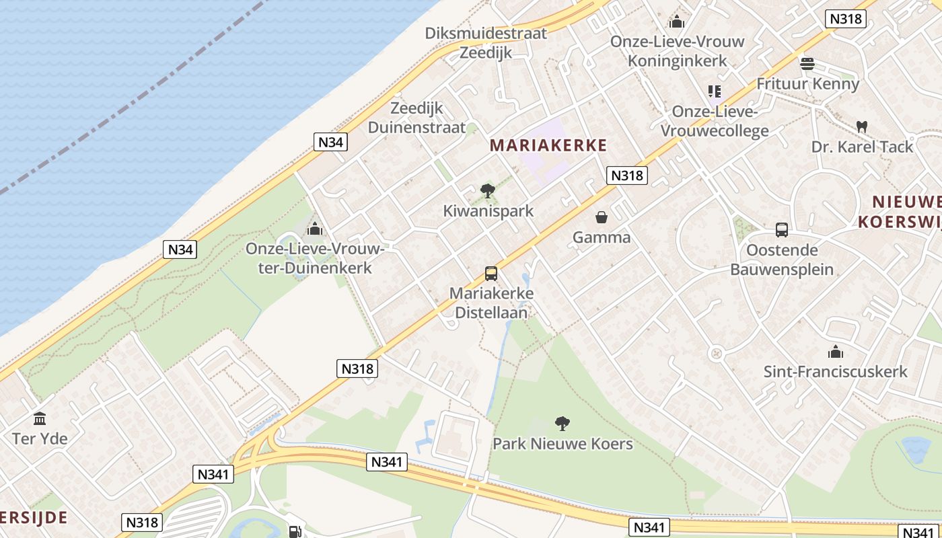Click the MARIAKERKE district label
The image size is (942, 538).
click(x=548, y=145)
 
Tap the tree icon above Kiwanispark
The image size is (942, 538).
click(x=488, y=191)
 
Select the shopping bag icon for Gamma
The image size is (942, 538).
click(x=602, y=217)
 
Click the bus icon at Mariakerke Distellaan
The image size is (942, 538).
click(x=491, y=274)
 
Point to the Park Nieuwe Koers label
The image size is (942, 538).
click(x=563, y=444)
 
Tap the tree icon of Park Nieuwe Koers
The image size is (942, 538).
click(x=562, y=424)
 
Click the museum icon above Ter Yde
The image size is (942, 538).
click(x=40, y=419)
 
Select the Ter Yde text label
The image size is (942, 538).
click(x=40, y=439)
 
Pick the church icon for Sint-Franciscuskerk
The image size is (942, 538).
click(x=835, y=352)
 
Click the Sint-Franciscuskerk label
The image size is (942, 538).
click(x=835, y=371)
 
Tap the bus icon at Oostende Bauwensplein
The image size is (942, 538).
click(x=782, y=230)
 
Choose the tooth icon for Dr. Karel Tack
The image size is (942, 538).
click(x=861, y=126)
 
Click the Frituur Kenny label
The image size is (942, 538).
click(x=807, y=84)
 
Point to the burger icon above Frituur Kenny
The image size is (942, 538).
click(x=807, y=64)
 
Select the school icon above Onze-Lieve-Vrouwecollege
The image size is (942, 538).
click(x=714, y=91)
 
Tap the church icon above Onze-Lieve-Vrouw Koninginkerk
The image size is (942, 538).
click(x=677, y=22)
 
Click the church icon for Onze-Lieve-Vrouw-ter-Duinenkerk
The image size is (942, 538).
click(x=314, y=229)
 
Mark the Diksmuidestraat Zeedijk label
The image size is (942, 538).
click(x=486, y=42)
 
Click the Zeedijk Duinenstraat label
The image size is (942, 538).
click(x=416, y=118)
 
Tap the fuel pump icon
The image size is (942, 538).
click(x=295, y=531)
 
